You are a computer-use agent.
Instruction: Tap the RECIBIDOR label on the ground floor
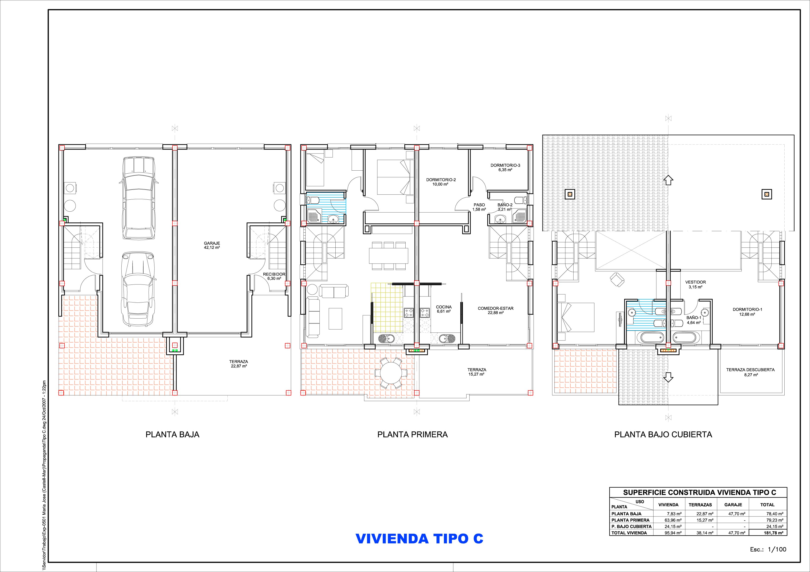coord(274,274)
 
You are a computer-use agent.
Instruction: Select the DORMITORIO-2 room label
coord(441,180)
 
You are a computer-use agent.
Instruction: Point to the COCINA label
coord(443,307)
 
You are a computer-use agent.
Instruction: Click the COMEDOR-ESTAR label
coord(495,308)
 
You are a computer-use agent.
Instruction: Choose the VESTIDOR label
coord(695,282)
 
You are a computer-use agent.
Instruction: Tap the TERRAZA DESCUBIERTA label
coord(750,370)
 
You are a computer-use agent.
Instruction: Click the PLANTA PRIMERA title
coord(413,435)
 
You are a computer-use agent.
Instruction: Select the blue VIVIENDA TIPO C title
coord(419,539)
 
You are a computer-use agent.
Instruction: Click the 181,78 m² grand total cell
coord(774,533)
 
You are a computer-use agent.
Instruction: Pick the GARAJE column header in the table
coord(733,505)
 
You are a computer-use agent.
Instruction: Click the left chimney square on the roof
coord(570,194)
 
